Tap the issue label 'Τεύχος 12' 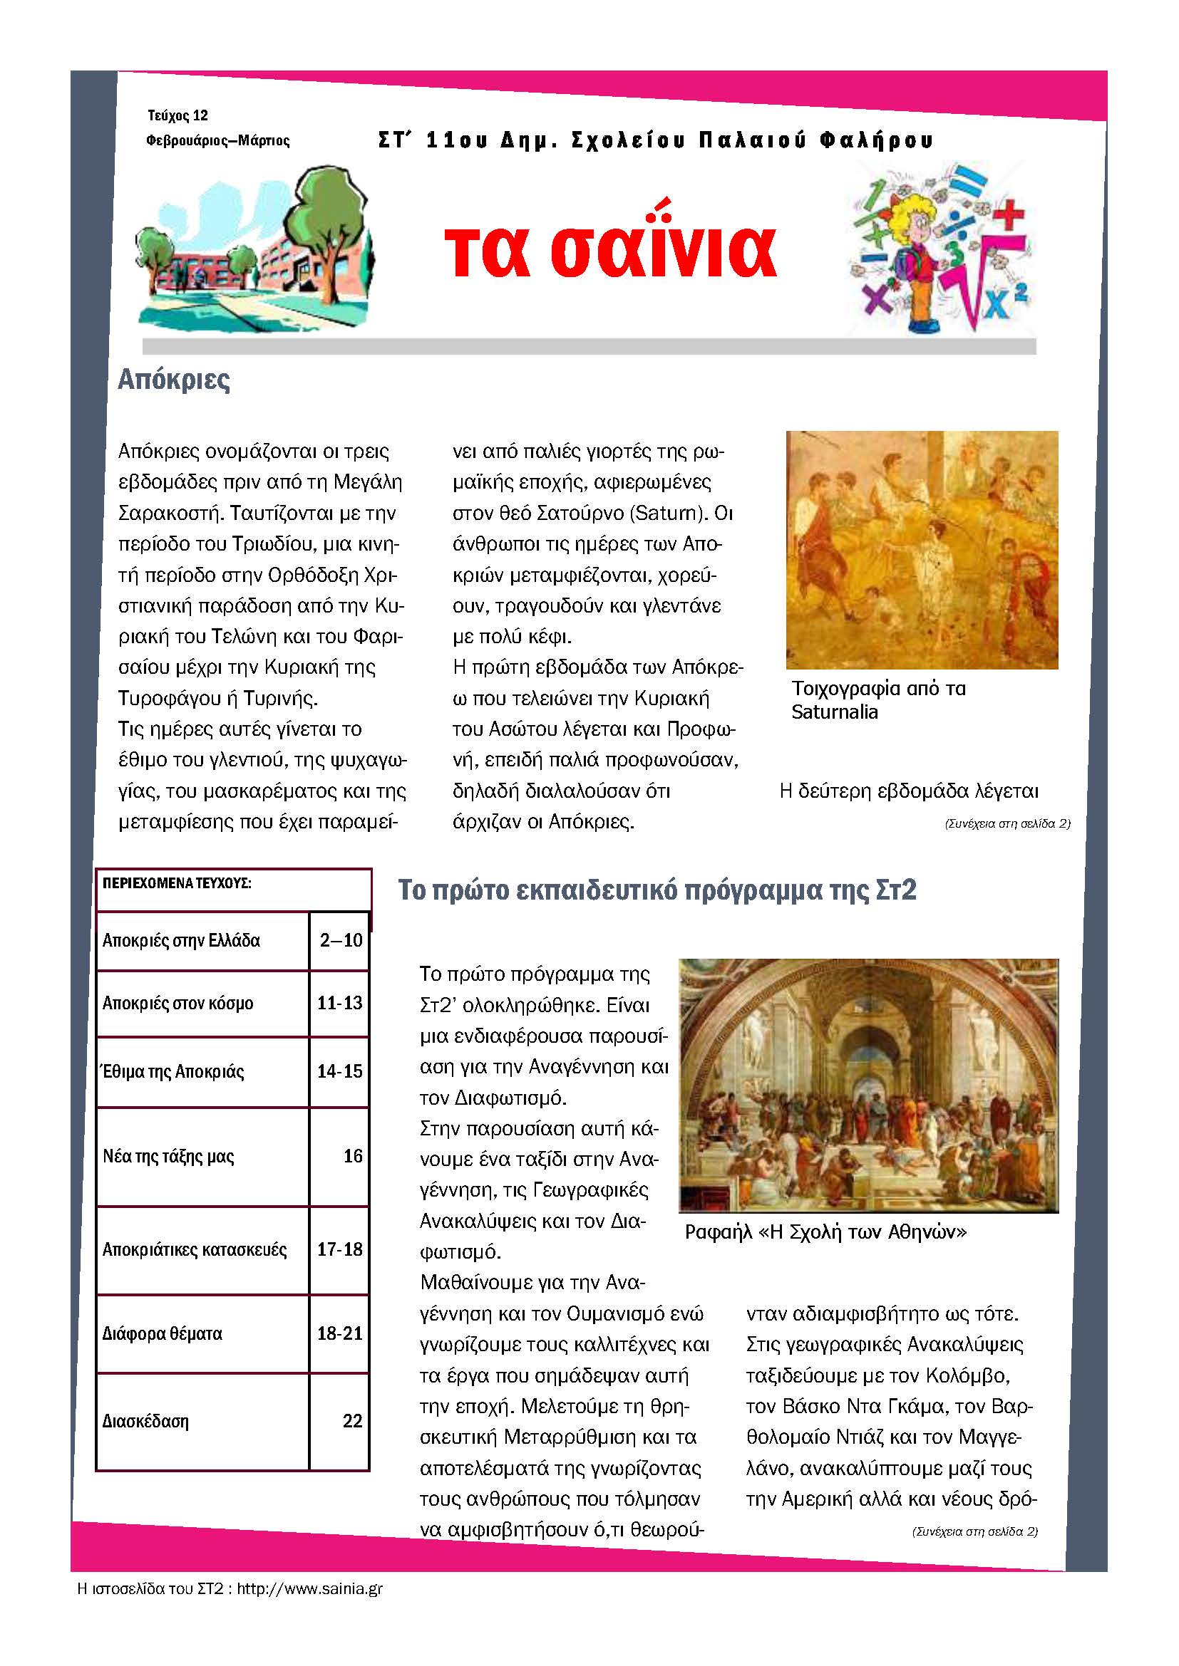tap(178, 115)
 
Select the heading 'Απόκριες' tap(174, 380)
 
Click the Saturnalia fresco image tap(921, 549)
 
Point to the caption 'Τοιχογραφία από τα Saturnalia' tap(878, 699)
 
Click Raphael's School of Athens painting tap(868, 1085)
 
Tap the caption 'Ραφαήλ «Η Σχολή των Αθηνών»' tap(825, 1232)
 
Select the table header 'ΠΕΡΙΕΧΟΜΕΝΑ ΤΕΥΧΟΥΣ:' tap(177, 884)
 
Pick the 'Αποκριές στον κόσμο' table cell tap(179, 1004)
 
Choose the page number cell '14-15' tap(340, 1072)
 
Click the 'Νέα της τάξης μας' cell tap(168, 1157)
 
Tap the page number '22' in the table tap(352, 1421)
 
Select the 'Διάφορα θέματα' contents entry tap(163, 1333)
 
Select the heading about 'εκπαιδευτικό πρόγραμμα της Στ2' tap(658, 890)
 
